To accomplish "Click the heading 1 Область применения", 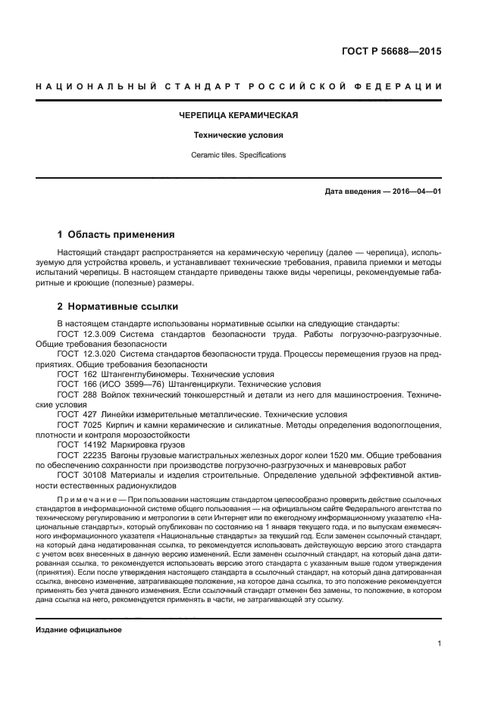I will click(x=116, y=235).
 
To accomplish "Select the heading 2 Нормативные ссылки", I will click(x=117, y=307).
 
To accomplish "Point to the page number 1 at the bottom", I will click(x=439, y=644).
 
